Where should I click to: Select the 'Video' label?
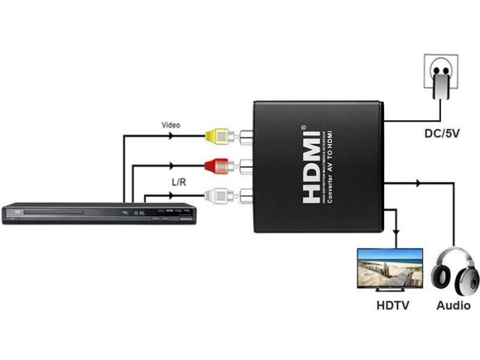point(171,125)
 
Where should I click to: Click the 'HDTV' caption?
point(392,305)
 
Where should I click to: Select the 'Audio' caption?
point(453,305)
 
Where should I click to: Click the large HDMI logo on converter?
point(313,166)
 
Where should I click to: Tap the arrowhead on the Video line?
point(169,136)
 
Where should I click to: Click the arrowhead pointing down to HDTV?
point(396,231)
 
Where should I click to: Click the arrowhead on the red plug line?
point(169,166)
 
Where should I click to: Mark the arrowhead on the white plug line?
point(169,197)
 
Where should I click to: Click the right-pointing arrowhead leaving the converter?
point(418,182)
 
